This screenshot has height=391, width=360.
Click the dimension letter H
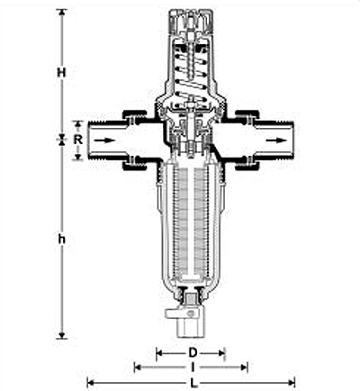(x=61, y=73)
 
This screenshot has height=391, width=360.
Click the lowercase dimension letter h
(x=62, y=240)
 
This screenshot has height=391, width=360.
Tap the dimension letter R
(x=78, y=140)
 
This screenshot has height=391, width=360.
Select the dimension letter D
(x=193, y=352)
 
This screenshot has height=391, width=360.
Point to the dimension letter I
(x=193, y=367)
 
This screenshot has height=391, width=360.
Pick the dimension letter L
(x=193, y=383)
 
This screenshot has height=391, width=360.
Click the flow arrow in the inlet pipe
(x=106, y=141)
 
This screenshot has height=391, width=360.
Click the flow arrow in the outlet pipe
(x=275, y=141)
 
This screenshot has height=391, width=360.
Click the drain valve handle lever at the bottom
(x=180, y=314)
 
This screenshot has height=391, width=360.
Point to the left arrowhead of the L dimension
(x=90, y=383)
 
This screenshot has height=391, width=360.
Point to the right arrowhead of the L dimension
(x=292, y=383)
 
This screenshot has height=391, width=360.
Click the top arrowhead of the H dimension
(x=62, y=12)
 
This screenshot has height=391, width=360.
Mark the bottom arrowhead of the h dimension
(x=62, y=335)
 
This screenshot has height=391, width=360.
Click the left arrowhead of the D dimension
(x=159, y=353)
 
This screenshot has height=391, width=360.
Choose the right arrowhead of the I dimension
(x=244, y=367)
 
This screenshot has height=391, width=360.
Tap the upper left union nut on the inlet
(x=134, y=115)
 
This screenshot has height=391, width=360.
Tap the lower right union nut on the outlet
(x=247, y=166)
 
